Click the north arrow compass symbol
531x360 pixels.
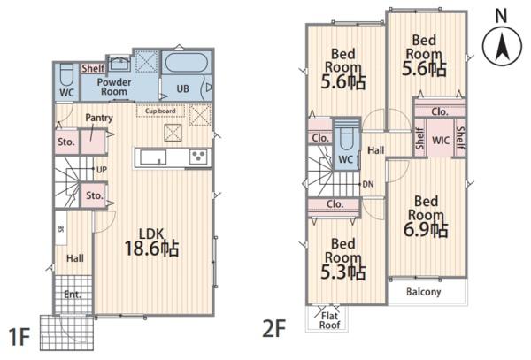click(x=502, y=46)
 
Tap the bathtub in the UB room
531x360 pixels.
click(x=186, y=62)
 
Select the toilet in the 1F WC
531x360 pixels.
click(x=66, y=75)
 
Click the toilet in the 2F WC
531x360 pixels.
click(x=346, y=138)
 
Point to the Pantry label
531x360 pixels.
click(x=99, y=118)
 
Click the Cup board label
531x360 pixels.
click(x=160, y=111)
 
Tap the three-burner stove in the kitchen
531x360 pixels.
click(x=198, y=157)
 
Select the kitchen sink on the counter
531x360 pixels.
click(x=153, y=157)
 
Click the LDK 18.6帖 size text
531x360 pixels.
click(x=151, y=242)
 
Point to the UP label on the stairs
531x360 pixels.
click(x=101, y=170)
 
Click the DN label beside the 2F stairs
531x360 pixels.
click(x=368, y=184)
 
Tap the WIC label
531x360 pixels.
click(x=441, y=140)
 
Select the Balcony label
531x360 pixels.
click(x=424, y=292)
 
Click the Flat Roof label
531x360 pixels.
click(x=330, y=321)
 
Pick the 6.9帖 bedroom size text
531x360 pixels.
click(x=426, y=229)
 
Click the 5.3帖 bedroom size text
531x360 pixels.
click(x=343, y=272)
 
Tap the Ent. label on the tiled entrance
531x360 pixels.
click(x=73, y=295)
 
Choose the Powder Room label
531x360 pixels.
click(x=114, y=87)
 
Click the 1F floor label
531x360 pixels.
click(x=19, y=337)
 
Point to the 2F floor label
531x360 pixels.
click(x=274, y=328)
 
